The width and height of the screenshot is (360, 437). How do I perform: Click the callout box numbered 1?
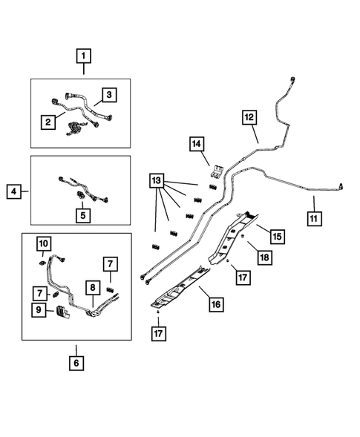click(84, 56)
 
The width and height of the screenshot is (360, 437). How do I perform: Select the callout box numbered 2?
click(48, 122)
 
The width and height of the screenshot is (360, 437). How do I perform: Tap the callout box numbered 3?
click(109, 95)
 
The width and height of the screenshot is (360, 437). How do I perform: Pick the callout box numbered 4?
click(13, 191)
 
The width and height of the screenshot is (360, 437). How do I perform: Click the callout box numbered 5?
click(83, 215)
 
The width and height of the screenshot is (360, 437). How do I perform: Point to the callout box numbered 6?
click(76, 363)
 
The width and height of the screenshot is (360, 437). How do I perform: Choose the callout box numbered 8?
click(93, 287)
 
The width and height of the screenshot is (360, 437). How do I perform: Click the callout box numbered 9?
click(39, 310)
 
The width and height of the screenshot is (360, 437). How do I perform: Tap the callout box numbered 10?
click(44, 244)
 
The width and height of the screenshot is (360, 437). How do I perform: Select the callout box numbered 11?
click(314, 218)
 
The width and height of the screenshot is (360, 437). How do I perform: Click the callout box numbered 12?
click(249, 117)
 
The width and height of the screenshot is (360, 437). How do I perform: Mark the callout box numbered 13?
click(157, 180)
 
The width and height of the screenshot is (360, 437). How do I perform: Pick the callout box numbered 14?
click(197, 144)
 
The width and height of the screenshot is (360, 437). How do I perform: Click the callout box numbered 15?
click(278, 237)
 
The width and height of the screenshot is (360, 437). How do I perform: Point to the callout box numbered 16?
click(216, 304)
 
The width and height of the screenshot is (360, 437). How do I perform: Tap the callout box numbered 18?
click(264, 257)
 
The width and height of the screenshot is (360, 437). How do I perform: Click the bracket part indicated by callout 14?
click(217, 171)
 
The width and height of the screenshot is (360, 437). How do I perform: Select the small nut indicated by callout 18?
click(243, 237)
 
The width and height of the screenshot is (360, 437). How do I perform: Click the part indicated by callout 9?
click(62, 312)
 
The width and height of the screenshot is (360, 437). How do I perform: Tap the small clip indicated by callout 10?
click(42, 263)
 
